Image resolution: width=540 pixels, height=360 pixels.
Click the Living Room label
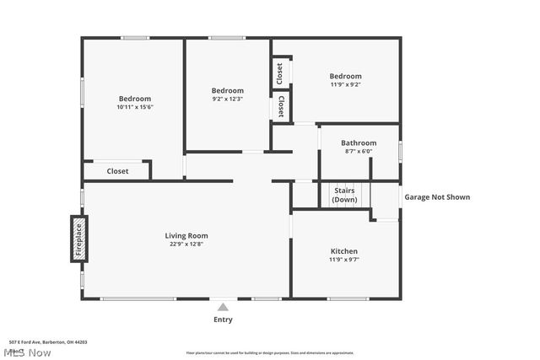(x=186, y=235)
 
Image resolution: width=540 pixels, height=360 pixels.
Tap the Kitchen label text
(x=343, y=251)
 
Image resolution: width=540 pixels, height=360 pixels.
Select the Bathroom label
(x=359, y=143)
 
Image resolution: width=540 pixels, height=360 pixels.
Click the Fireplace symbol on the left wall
(x=78, y=238)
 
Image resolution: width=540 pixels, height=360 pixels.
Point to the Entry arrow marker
(x=223, y=308)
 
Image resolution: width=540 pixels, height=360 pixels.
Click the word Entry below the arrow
(x=223, y=320)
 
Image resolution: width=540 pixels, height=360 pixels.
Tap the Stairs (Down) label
(x=343, y=195)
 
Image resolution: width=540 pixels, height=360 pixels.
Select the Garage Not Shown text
(x=437, y=197)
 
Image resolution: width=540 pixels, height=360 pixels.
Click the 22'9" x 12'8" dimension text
(x=186, y=244)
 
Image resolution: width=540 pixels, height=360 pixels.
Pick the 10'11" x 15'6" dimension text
(x=135, y=107)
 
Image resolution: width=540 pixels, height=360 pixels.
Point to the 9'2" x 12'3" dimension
(x=227, y=99)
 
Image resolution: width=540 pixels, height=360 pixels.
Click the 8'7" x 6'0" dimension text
(x=359, y=152)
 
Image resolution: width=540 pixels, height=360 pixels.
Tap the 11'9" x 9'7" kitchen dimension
(x=343, y=260)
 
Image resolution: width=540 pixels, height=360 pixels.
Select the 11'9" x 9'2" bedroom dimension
(x=345, y=84)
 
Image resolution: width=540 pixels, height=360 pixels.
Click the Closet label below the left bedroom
(x=117, y=171)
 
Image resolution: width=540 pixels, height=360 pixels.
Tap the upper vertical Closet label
(x=279, y=73)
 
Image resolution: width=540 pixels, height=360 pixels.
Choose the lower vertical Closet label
(x=280, y=107)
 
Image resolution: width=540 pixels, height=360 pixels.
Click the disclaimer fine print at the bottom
(x=270, y=353)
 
